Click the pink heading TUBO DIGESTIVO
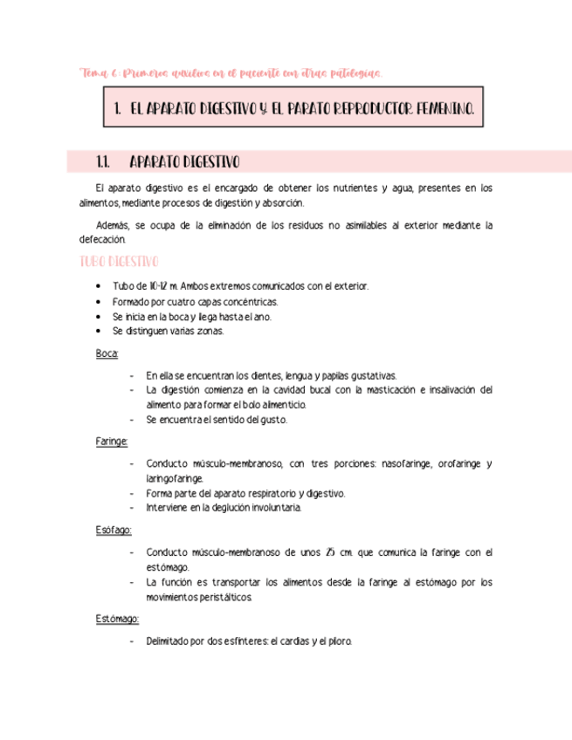point(119,262)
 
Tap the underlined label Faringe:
point(112,442)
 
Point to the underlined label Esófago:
point(114,530)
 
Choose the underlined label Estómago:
point(117,619)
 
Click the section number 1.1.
point(104,161)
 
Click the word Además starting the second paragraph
point(114,225)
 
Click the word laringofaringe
point(175,478)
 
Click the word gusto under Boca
point(270,420)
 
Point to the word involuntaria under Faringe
point(270,508)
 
